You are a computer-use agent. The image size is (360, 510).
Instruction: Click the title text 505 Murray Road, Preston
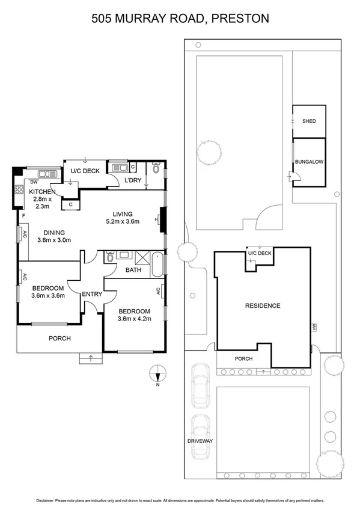click(180, 19)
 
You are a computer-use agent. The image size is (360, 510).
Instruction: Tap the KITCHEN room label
click(42, 192)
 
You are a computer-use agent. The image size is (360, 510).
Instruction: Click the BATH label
click(133, 271)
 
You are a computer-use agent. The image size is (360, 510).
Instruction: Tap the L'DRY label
click(132, 180)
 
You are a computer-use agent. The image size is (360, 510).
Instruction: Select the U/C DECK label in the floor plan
click(85, 171)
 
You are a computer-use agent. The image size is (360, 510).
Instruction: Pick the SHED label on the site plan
click(308, 121)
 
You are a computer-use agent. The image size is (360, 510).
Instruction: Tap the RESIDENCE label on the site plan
click(262, 306)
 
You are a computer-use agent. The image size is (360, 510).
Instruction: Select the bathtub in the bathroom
click(156, 265)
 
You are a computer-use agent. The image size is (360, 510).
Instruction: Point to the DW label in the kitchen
click(34, 181)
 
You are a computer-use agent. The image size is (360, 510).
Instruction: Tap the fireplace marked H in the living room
click(160, 220)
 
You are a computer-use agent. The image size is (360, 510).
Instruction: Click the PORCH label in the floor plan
click(59, 339)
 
